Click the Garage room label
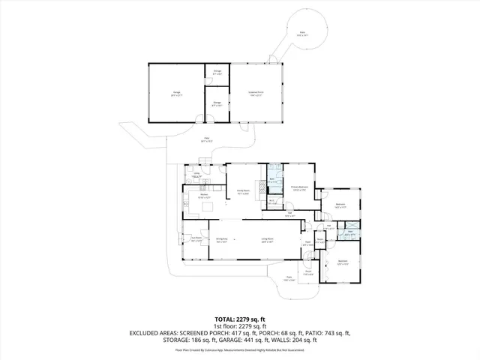176,94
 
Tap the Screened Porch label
256,94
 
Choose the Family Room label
242,192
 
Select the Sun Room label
196,241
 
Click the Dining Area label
221,241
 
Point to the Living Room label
266,241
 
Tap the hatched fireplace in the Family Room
262,187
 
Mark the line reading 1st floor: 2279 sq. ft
239,326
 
